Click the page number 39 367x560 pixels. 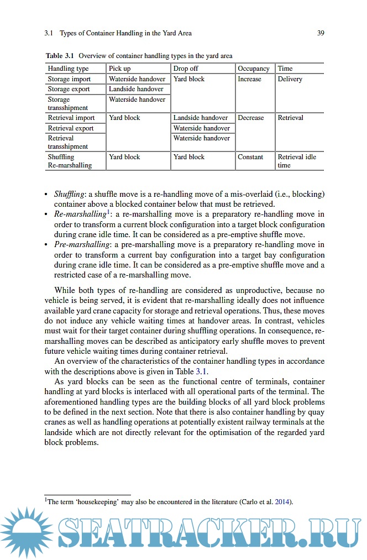pyautogui.click(x=321, y=33)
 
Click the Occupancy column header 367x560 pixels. pyautogui.click(x=254, y=69)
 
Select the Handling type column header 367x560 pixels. pyautogui.click(x=68, y=69)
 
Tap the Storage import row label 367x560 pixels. pyautogui.click(x=69, y=79)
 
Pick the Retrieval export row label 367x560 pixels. pyautogui.click(x=71, y=128)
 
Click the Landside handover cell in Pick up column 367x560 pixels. pyautogui.click(x=136, y=89)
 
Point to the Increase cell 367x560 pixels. pyautogui.click(x=249, y=79)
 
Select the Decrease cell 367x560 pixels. pyautogui.click(x=251, y=118)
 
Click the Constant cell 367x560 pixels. pyautogui.click(x=250, y=157)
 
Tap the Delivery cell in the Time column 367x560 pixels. pyautogui.click(x=290, y=79)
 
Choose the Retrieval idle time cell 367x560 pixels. pyautogui.click(x=297, y=161)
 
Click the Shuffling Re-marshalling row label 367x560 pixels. pyautogui.click(x=70, y=161)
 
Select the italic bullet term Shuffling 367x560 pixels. pyautogui.click(x=69, y=194)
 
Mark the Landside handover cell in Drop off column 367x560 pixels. pyautogui.click(x=201, y=118)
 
